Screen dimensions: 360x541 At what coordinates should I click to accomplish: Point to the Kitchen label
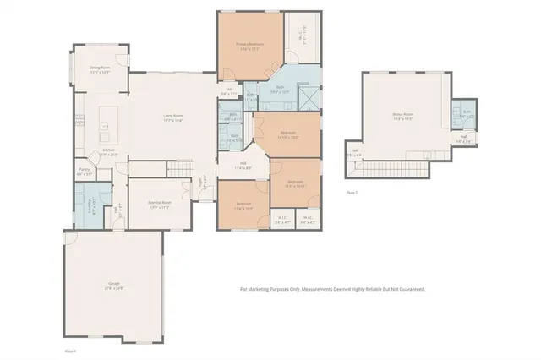(108, 153)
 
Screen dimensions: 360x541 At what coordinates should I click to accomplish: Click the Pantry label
(85, 170)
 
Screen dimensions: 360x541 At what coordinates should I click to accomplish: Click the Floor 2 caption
(352, 193)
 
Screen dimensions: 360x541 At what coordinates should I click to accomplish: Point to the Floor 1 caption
(71, 349)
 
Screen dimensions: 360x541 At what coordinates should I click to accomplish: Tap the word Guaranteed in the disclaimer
(407, 289)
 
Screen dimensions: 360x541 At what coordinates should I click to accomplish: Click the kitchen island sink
(105, 126)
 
